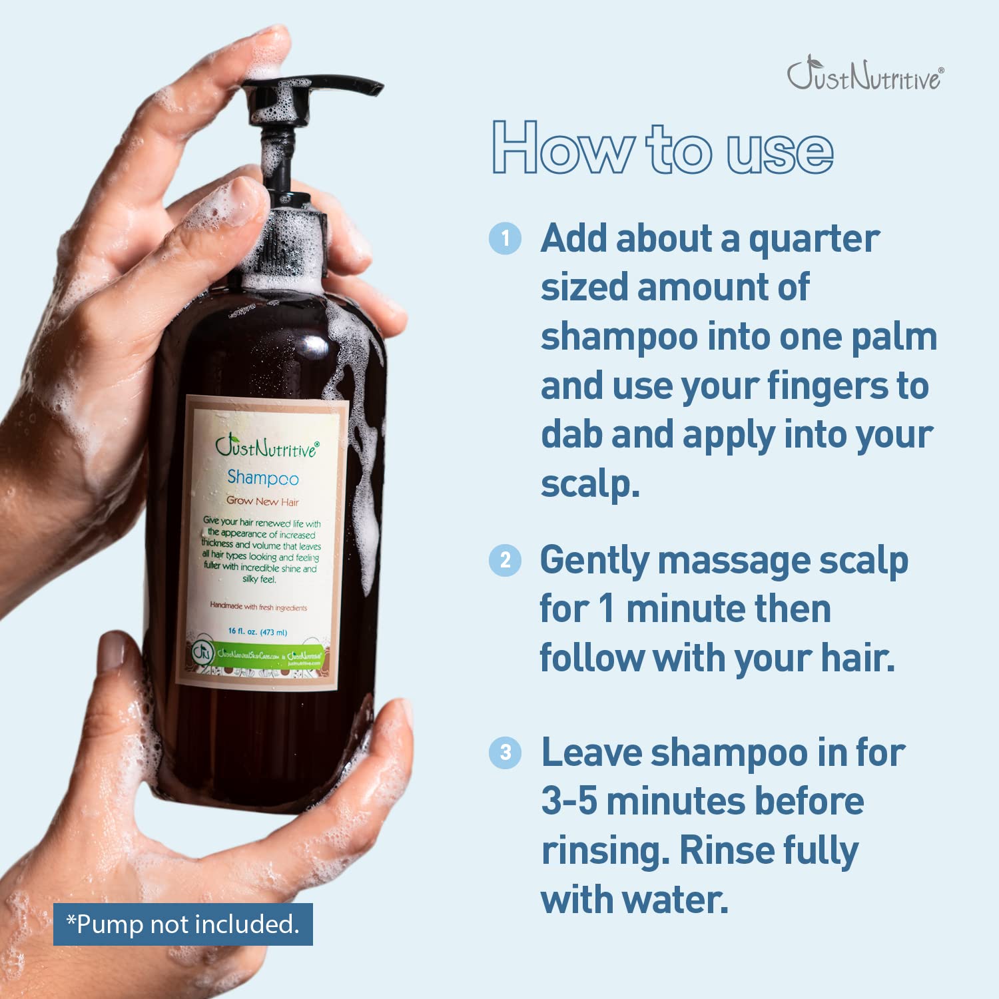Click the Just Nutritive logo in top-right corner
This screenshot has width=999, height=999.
(864, 75)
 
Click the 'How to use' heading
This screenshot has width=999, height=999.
(663, 149)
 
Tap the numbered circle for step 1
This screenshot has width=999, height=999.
(505, 238)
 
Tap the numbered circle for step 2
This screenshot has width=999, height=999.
(505, 560)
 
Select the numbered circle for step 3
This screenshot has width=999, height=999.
(505, 753)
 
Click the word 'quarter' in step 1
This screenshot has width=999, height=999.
(814, 240)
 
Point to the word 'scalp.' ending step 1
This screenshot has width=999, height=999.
(590, 484)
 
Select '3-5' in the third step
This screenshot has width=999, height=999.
(569, 802)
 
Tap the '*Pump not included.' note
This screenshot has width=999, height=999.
(183, 924)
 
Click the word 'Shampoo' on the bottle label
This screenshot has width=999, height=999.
(263, 478)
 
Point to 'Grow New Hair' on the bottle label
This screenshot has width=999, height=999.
(262, 501)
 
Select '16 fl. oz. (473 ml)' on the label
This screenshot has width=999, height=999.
(258, 631)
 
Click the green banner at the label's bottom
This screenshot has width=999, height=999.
(260, 655)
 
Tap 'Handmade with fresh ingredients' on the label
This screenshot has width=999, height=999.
(258, 607)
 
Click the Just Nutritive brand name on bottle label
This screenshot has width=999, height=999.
(266, 448)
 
